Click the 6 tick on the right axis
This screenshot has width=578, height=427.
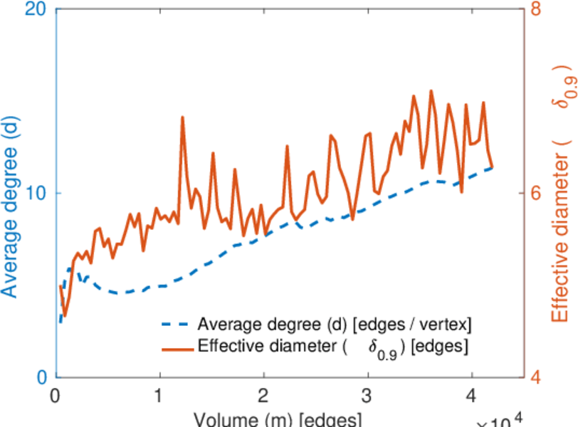point(537,194)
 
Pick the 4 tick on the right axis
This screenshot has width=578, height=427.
point(537,377)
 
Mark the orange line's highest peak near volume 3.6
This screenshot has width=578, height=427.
point(431,91)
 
